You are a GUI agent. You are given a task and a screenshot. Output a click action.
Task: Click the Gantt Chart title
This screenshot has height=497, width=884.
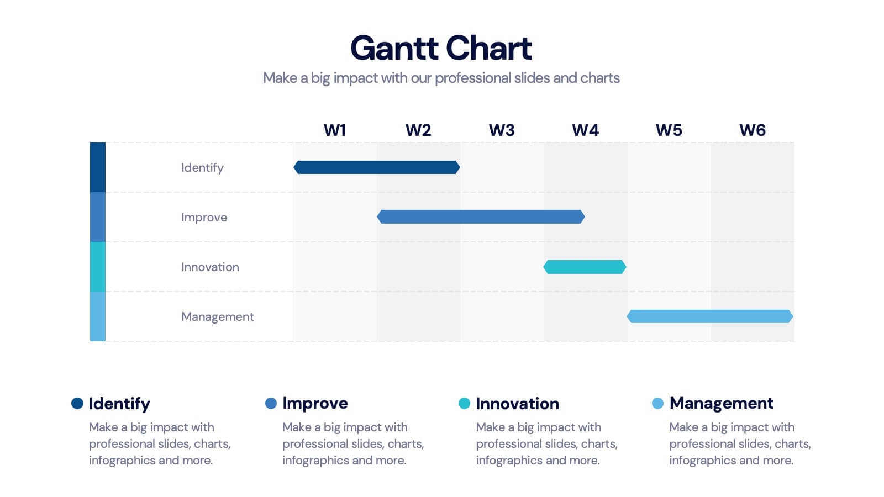pos(441,48)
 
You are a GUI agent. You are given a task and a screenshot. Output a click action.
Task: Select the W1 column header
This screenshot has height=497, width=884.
pos(335,130)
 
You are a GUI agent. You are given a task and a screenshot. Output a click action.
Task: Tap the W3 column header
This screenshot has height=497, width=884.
pos(502,130)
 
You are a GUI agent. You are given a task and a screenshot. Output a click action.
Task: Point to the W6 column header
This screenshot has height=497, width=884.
pos(752,130)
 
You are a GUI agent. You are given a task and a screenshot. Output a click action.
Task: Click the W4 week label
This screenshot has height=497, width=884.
pos(585,130)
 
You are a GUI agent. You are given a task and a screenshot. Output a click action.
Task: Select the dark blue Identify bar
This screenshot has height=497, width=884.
pos(377,167)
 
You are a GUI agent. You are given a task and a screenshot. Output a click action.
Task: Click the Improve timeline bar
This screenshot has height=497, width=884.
pos(481,217)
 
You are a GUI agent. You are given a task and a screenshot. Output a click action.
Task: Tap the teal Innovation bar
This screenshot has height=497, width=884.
pos(585,267)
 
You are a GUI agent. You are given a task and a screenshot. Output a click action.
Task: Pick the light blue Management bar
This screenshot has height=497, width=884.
pos(710,316)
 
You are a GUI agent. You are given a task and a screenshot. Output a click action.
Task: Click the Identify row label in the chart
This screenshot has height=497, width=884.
pos(202,168)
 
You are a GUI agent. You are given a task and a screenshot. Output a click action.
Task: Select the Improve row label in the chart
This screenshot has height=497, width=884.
pos(204,218)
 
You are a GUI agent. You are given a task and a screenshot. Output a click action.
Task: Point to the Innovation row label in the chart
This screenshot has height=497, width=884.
pos(211,267)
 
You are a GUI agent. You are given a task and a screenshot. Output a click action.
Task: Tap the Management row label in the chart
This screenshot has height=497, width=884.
pos(218,317)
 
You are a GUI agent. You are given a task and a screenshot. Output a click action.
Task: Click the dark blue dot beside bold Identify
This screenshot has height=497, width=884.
pos(77,403)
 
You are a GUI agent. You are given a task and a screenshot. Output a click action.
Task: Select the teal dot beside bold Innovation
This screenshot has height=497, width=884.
pos(465,403)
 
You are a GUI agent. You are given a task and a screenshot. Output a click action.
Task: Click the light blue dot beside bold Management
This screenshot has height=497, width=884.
pos(658,403)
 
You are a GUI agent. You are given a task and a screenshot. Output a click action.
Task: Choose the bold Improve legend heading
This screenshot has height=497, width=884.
pos(315,404)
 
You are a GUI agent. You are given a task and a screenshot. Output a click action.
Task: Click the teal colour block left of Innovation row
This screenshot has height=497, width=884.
pos(98,267)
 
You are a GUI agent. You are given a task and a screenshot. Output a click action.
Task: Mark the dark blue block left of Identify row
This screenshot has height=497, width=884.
pos(98,167)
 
